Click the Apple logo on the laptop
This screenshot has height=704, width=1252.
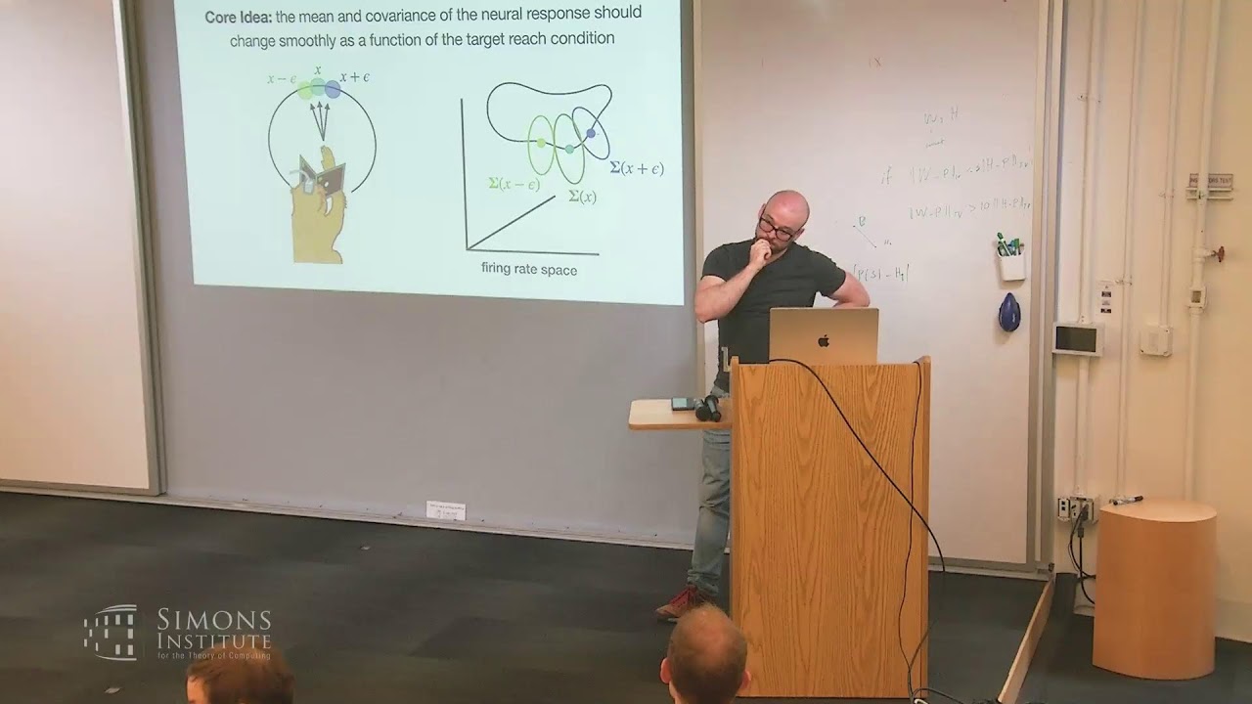coord(824,340)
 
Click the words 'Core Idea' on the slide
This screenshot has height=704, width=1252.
coord(238,18)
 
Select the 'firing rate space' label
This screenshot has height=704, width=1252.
coord(528,269)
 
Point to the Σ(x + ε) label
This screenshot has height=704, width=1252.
coord(636,168)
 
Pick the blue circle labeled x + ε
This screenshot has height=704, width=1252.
coord(333,89)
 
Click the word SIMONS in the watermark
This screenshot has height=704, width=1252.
coord(213,619)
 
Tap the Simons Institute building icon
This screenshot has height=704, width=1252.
coord(111,632)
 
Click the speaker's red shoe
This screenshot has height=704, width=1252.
coord(682,603)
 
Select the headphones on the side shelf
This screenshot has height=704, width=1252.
coord(708,408)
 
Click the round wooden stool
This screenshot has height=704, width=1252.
coord(1154,587)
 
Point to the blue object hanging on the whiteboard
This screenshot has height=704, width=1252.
coord(1009,312)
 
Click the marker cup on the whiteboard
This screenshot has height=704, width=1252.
coord(1011,265)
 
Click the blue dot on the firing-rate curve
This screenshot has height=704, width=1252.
coord(591,133)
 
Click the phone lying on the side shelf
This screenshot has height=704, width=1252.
coord(682,403)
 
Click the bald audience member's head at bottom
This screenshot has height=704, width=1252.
coord(704,653)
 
